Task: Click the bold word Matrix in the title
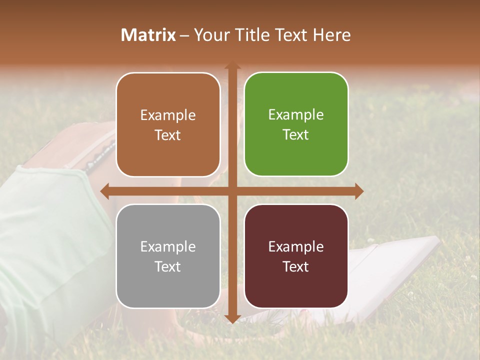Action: [x=148, y=35]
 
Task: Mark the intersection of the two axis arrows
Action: [x=232, y=191]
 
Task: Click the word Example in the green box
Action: [x=296, y=115]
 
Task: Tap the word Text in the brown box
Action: [x=168, y=135]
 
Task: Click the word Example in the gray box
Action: [x=168, y=246]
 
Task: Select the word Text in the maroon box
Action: [x=296, y=267]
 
